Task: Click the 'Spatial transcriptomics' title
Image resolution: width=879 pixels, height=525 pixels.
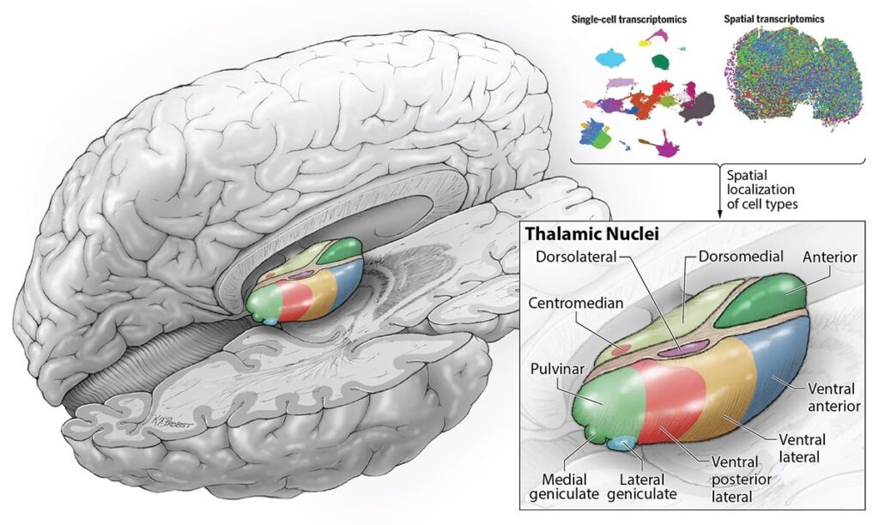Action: coord(780,18)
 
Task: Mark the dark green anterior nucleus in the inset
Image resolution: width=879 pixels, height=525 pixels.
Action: coord(759,301)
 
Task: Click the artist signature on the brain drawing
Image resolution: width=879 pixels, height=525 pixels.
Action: coord(162,421)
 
